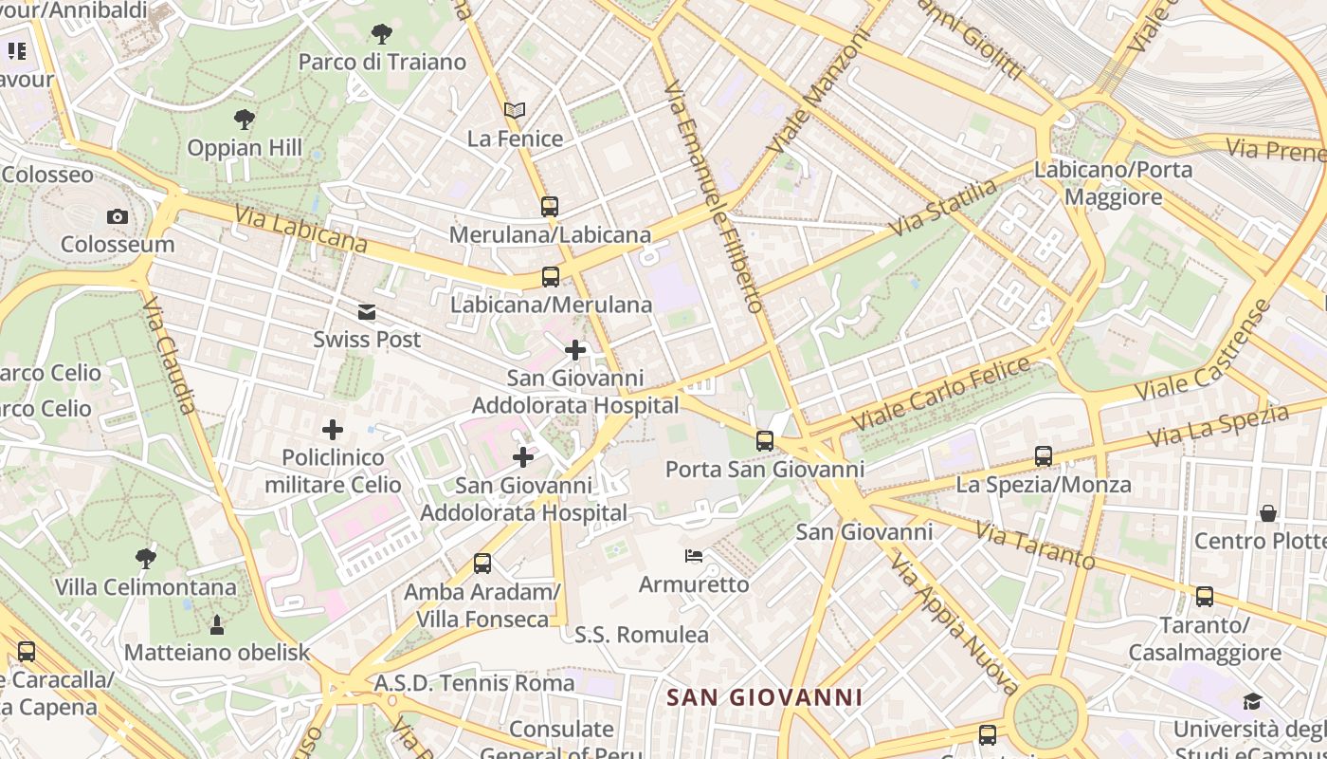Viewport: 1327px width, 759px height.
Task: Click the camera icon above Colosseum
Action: coord(118,216)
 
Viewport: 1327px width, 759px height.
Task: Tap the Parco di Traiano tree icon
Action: coord(382,35)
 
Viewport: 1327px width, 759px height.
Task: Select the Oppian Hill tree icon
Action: coord(245,120)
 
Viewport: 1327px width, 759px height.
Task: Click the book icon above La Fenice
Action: coord(515,111)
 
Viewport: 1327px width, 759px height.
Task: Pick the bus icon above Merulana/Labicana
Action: coord(550,206)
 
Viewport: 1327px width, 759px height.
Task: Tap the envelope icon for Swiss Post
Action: coord(367,312)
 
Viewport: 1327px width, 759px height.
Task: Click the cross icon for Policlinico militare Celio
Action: coord(333,430)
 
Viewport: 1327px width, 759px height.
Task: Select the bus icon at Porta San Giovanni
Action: coord(765,441)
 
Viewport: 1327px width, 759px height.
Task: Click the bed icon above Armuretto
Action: coord(694,555)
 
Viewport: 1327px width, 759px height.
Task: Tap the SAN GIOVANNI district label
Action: coord(765,697)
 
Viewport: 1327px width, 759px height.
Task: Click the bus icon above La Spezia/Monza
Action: coord(1044,456)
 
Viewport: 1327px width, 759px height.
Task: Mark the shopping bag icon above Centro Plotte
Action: coord(1267,513)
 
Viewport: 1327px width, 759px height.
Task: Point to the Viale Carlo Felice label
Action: coord(940,392)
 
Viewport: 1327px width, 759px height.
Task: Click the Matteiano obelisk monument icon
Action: coord(217,624)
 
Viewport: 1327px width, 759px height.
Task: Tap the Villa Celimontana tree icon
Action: coord(145,559)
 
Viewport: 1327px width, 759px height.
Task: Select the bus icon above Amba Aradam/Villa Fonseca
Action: coord(482,564)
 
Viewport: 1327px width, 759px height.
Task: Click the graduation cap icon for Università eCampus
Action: coord(1252,701)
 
